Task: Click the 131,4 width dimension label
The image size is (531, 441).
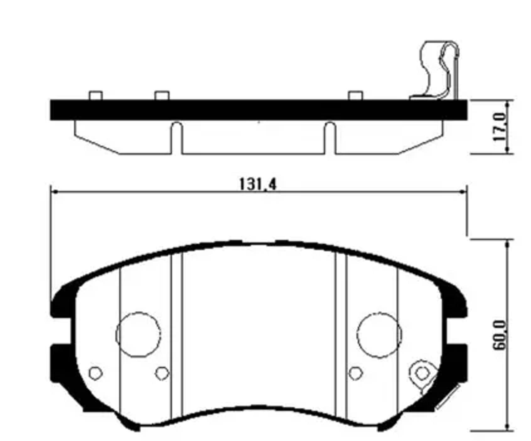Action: (x=257, y=184)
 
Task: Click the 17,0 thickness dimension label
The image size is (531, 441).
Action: (x=500, y=127)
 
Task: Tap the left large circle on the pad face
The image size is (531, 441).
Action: (x=138, y=335)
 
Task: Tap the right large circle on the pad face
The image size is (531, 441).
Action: (x=379, y=335)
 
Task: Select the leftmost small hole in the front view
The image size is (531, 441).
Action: (x=95, y=373)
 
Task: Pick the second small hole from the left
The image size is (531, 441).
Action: (x=162, y=373)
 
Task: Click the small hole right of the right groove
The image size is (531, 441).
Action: (x=355, y=373)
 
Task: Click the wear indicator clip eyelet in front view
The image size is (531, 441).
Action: (x=422, y=373)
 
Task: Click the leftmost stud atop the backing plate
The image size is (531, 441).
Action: (x=96, y=95)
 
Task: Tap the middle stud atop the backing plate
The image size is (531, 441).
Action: (x=162, y=95)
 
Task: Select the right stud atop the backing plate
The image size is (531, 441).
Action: (x=356, y=95)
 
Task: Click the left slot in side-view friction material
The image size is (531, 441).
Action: (x=177, y=138)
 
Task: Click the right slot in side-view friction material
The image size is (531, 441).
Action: (x=330, y=138)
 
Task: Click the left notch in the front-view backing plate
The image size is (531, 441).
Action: (x=61, y=331)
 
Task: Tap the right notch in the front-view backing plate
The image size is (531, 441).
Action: (x=457, y=331)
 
